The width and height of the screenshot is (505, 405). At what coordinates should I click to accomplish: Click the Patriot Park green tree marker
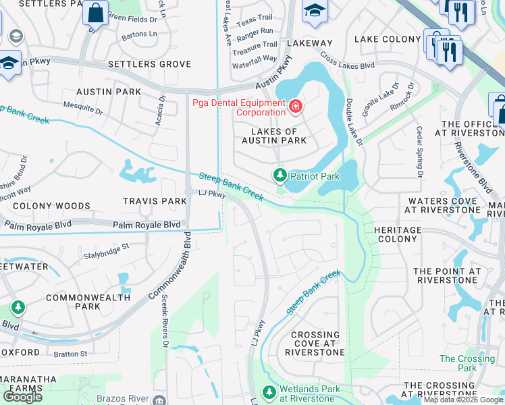pyautogui.click(x=280, y=175)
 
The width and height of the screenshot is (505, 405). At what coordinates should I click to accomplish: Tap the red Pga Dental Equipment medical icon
pyautogui.click(x=295, y=107)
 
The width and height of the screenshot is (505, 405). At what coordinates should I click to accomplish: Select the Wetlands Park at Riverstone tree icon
pyautogui.click(x=269, y=392)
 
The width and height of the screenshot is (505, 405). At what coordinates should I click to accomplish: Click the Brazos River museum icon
pyautogui.click(x=159, y=401)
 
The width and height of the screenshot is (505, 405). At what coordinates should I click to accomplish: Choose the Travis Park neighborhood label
pyautogui.click(x=155, y=201)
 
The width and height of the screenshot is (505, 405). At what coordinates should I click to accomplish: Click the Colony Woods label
pyautogui.click(x=51, y=206)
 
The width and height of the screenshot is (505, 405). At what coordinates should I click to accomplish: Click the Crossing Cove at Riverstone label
pyautogui.click(x=315, y=343)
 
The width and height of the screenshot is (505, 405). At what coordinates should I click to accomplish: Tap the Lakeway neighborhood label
pyautogui.click(x=310, y=43)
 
